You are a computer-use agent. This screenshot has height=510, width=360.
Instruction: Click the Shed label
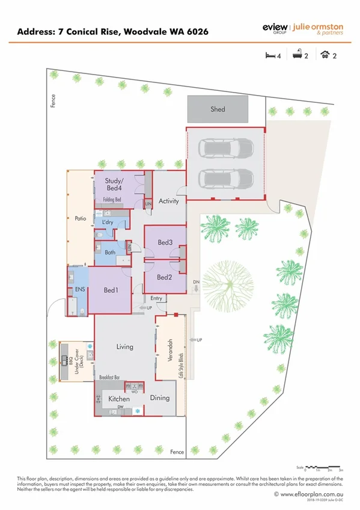[x=218, y=109]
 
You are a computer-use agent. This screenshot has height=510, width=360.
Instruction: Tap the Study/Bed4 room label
[x=114, y=183]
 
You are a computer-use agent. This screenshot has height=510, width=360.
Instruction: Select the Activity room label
[x=168, y=201]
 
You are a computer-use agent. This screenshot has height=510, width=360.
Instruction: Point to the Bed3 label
[x=165, y=242]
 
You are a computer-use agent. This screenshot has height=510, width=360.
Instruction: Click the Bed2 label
[x=165, y=277]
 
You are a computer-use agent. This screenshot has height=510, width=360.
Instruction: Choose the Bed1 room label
[x=111, y=290]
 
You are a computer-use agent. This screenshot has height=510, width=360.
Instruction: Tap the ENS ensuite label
[x=79, y=290]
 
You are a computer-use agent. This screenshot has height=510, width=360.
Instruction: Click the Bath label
[x=109, y=253]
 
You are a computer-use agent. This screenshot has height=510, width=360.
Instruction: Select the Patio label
[x=81, y=219]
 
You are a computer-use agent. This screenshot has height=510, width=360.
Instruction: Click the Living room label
[x=124, y=346]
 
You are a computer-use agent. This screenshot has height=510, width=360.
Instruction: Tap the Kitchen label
[x=118, y=399]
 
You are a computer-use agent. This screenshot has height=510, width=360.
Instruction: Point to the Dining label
[x=159, y=398]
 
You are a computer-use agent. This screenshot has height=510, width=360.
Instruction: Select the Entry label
[x=156, y=298]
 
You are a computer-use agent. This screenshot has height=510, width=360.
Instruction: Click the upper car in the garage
[x=224, y=147]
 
